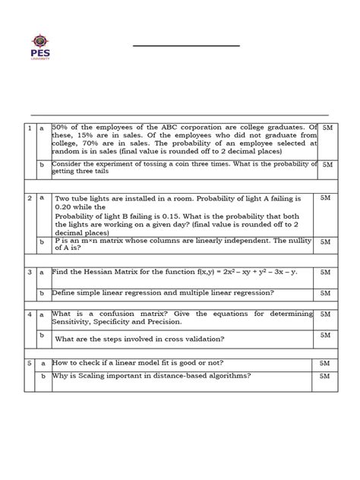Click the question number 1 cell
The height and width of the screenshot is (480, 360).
click(30, 129)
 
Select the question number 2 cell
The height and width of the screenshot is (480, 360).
click(30, 198)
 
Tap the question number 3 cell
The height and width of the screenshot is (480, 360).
click(30, 271)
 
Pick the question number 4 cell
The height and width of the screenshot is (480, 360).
click(30, 314)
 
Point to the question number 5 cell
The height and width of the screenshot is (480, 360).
click(30, 364)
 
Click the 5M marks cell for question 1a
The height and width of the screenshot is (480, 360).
click(327, 129)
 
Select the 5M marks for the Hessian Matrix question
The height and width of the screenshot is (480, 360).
click(325, 271)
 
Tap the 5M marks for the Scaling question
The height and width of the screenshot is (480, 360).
click(325, 376)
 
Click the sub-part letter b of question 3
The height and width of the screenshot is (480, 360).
click(43, 292)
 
